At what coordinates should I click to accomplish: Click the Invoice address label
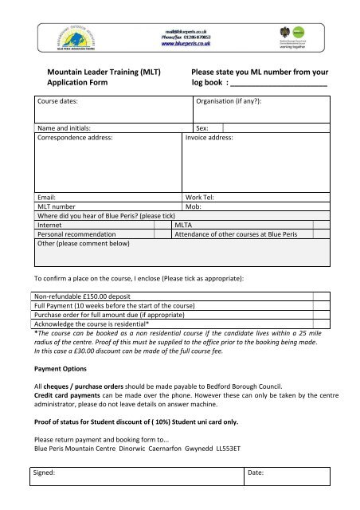click(209, 137)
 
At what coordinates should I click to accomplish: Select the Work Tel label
click(200, 196)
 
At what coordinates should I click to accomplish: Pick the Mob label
click(193, 206)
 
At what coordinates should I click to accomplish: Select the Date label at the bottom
click(258, 473)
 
